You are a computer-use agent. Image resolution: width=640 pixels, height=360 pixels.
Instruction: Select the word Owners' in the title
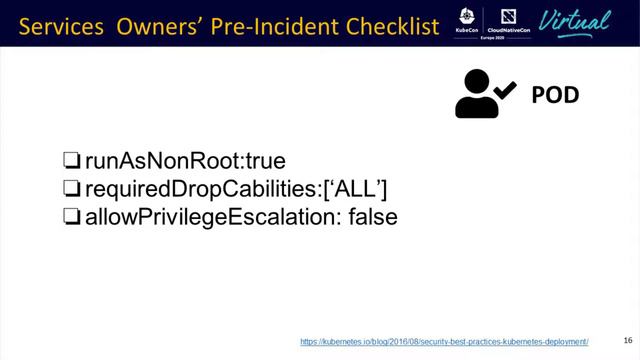[x=161, y=23]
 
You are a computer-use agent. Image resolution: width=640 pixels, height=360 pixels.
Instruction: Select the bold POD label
[x=556, y=95]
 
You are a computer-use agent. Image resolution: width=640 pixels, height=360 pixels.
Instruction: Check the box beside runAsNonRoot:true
[x=71, y=160]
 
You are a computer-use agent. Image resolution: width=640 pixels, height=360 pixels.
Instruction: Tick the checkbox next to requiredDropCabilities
[x=71, y=187]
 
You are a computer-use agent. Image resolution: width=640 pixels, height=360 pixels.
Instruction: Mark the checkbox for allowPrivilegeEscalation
[x=71, y=215]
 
